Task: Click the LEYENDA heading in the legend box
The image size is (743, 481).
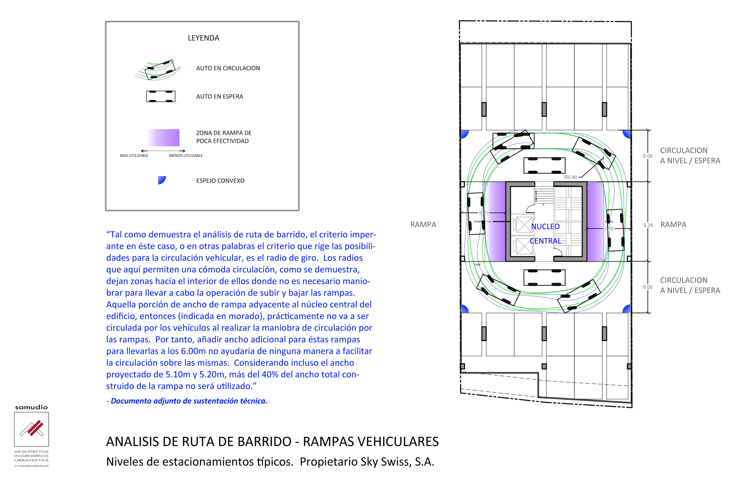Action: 204,38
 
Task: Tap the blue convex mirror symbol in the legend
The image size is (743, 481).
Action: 161,180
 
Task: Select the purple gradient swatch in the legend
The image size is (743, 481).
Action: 163,137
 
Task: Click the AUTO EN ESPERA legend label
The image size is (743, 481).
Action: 219,96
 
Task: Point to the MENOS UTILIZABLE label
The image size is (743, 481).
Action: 186,156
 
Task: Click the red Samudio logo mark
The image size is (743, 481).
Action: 34,428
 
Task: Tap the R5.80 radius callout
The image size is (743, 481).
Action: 571,177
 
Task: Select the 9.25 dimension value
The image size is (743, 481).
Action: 648,225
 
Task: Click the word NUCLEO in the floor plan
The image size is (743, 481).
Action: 545,227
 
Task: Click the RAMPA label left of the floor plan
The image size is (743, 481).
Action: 423,224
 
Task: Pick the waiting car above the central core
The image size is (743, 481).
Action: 544,165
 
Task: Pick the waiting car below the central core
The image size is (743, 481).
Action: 544,277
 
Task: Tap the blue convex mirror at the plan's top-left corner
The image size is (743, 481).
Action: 464,134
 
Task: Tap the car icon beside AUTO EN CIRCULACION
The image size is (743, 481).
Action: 159,69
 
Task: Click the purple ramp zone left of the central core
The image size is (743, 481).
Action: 496,222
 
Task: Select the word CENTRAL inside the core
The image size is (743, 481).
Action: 545,241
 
